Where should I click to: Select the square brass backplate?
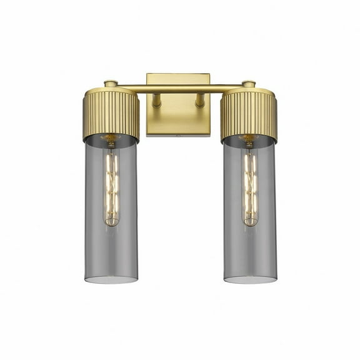click(178, 119)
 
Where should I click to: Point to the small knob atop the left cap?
click(110, 83)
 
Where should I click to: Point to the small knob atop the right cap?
click(249, 83)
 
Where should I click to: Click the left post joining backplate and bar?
click(157, 100)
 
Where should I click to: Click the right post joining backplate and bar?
click(200, 100)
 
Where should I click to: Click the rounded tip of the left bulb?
click(111, 222)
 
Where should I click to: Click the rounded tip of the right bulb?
click(250, 222)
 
